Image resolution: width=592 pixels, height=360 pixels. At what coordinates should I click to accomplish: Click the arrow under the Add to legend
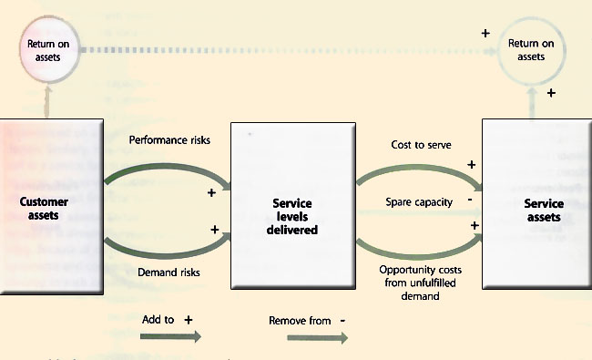click(170, 336)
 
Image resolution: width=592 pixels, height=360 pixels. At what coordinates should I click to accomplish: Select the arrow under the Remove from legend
click(317, 337)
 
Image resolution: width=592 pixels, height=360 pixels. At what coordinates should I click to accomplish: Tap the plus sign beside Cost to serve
click(471, 165)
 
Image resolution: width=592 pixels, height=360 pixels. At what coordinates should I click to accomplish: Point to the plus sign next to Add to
click(189, 320)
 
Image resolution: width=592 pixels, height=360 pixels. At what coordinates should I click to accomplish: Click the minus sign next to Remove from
click(342, 320)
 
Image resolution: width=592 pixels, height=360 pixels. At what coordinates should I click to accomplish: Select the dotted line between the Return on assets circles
click(273, 49)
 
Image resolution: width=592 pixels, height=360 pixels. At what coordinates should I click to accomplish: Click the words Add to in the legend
click(158, 320)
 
